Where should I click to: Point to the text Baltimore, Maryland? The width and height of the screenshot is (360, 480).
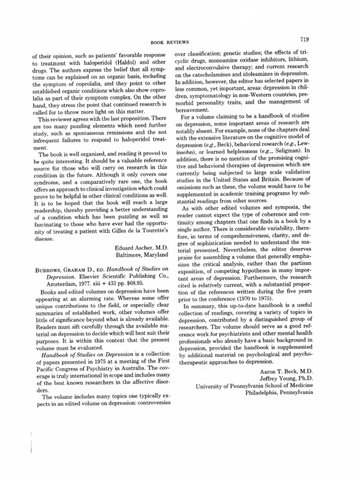click(x=142, y=255)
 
